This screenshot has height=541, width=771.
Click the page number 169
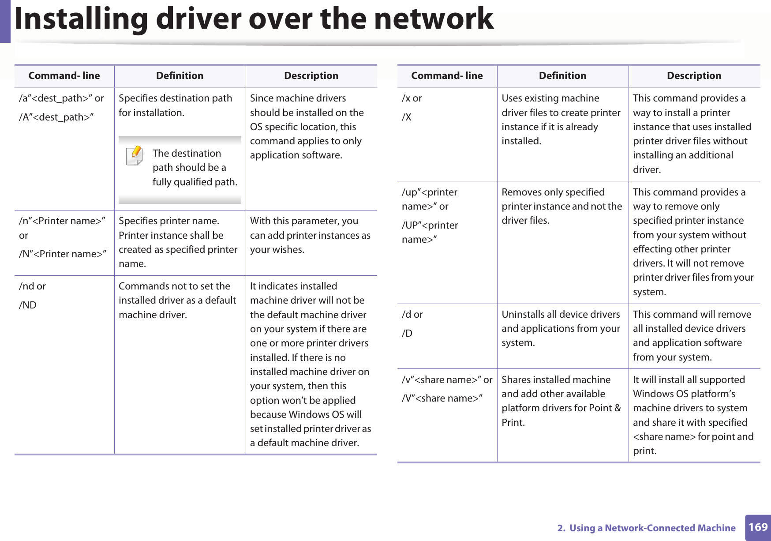[x=758, y=527]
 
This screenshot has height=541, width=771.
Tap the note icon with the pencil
[x=135, y=155]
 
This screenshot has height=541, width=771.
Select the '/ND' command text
[x=28, y=305]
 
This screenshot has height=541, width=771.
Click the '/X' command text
[x=406, y=117]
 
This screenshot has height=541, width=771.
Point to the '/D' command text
[x=407, y=333]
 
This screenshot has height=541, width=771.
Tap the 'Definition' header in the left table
[x=180, y=76]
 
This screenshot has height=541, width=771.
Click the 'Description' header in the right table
[x=694, y=76]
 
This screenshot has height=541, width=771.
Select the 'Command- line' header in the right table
[x=447, y=76]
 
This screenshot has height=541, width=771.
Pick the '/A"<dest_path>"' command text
[x=56, y=117]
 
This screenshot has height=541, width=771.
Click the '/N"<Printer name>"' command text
[x=62, y=254]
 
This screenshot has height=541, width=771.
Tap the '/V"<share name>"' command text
[x=442, y=398]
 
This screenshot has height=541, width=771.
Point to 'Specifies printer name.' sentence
[x=169, y=221]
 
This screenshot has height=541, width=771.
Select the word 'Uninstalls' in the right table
[x=523, y=314]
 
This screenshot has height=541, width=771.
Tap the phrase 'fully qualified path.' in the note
[x=195, y=182]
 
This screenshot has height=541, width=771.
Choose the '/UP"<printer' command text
[x=430, y=225]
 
